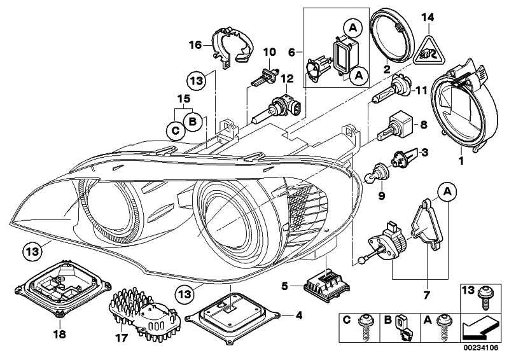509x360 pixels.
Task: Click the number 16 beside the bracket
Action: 195,44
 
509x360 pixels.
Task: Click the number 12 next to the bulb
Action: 288,78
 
